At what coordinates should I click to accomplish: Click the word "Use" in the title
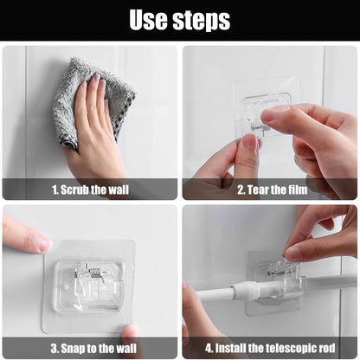148,20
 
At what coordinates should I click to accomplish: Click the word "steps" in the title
202,21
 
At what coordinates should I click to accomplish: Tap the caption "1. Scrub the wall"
90,190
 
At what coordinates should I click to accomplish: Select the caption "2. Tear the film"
273,190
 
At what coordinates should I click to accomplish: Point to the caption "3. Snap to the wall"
93,348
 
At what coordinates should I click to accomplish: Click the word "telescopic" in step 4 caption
292,348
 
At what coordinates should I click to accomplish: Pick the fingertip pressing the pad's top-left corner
43,245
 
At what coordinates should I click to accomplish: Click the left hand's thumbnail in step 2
250,142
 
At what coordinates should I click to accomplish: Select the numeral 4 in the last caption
209,348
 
